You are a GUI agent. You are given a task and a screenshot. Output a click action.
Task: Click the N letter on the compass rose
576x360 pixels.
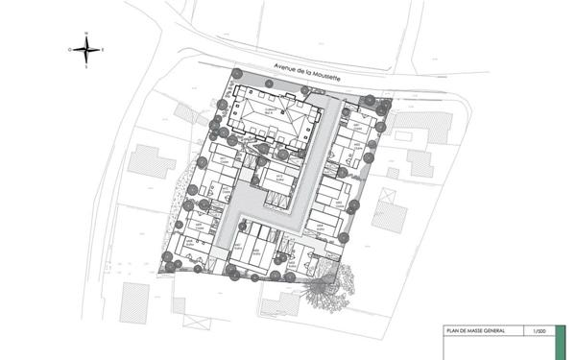click(x=86, y=33)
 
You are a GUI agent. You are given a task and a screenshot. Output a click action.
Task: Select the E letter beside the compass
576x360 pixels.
click(x=104, y=48)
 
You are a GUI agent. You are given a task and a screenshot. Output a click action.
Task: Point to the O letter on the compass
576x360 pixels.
click(x=70, y=48)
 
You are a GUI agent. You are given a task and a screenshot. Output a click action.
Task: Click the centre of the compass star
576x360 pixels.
click(x=86, y=48)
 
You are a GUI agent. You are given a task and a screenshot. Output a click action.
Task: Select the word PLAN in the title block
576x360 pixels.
click(x=451, y=331)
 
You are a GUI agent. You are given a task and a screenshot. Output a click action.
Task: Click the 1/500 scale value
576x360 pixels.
click(x=540, y=331)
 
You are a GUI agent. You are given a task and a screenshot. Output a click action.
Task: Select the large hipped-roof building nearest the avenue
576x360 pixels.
click(x=274, y=119)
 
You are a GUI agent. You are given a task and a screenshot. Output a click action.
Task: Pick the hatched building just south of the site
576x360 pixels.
click(x=279, y=304)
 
